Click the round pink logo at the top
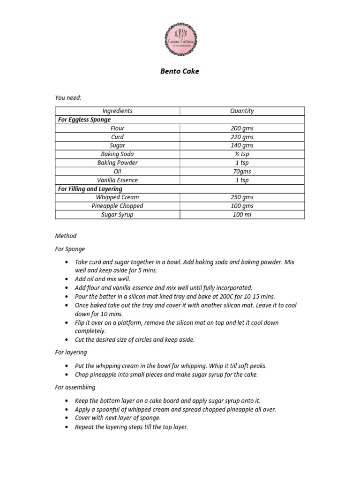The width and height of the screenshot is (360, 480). point(180,40)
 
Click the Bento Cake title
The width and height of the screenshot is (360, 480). point(180,72)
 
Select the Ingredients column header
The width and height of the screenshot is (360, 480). point(117,111)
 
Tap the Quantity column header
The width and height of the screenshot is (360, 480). point(242,111)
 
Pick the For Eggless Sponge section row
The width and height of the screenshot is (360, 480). point(84,120)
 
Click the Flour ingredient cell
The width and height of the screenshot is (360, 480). point(117,128)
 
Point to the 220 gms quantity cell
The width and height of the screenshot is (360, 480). point(242,137)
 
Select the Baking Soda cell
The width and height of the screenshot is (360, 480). point(117,154)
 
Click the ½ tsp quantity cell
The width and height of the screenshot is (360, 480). point(242,154)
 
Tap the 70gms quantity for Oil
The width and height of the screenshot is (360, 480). point(242,172)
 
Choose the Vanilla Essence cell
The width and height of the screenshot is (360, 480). point(117,180)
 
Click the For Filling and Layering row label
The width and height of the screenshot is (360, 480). point(90,189)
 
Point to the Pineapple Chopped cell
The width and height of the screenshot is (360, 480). point(117,206)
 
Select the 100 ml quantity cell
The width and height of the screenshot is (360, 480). point(242,215)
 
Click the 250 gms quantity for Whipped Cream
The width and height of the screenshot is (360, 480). point(242,197)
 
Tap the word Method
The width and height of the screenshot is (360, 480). point(66,236)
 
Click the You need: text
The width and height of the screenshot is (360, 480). point(68,97)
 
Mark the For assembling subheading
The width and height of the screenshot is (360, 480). point(75,387)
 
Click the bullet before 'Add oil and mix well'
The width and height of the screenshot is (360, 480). point(67,279)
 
